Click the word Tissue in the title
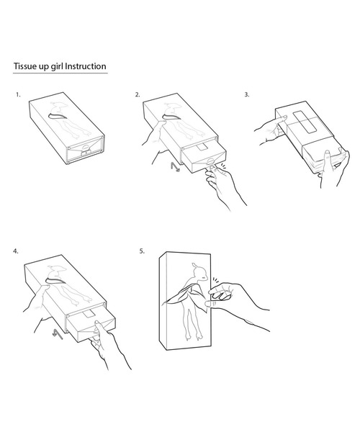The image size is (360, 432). [x=24, y=66]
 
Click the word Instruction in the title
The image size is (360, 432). [x=86, y=66]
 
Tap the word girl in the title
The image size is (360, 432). [x=57, y=67]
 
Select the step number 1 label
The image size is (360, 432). [x=18, y=95]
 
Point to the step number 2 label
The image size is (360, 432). [x=138, y=95]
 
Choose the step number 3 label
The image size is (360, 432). [x=247, y=95]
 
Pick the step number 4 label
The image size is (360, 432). [x=16, y=251]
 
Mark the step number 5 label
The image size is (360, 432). [x=142, y=251]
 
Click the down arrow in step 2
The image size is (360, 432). [x=175, y=167]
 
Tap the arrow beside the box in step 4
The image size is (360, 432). [x=58, y=333]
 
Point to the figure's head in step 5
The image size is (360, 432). [x=199, y=271]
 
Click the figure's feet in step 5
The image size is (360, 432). [x=194, y=336]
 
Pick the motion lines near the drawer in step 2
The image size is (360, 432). [x=222, y=166]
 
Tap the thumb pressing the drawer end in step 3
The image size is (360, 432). [x=328, y=159]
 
